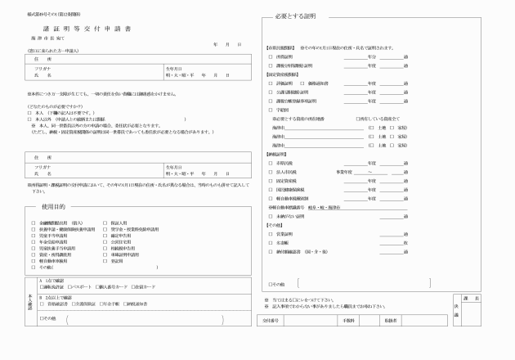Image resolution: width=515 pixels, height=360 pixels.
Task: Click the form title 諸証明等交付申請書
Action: pos(80,28)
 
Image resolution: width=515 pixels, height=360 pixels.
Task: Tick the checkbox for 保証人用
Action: pos(104,223)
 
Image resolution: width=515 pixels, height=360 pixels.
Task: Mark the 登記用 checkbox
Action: pos(104,261)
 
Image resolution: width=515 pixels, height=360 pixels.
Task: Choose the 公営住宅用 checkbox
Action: pos(104,242)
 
